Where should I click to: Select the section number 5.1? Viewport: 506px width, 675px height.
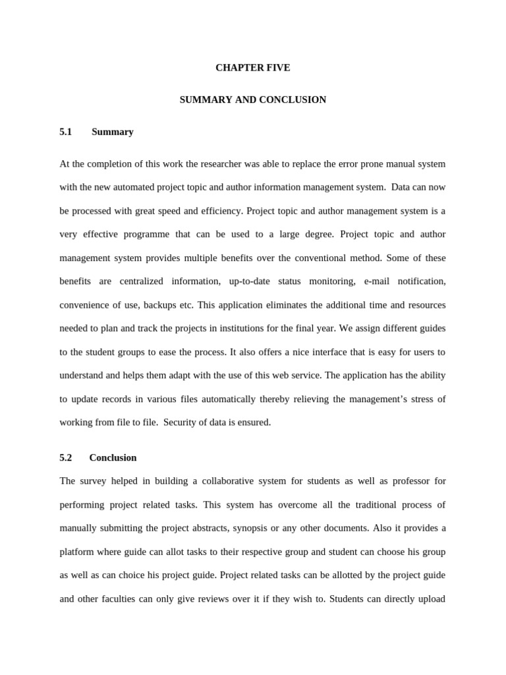click(x=65, y=132)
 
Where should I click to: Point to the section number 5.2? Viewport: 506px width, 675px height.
click(x=65, y=457)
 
